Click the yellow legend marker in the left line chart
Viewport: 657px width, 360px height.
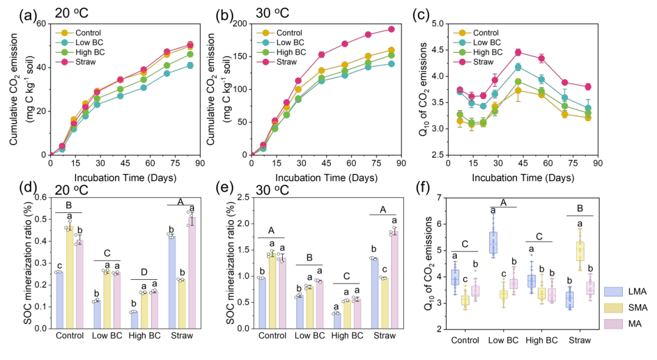(64, 33)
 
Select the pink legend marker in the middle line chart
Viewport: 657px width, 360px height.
(265, 61)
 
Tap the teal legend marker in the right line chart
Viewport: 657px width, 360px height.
(462, 43)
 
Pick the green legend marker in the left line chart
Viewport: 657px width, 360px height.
(64, 52)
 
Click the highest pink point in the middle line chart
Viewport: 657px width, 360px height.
(391, 29)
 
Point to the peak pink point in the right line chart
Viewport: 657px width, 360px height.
(518, 52)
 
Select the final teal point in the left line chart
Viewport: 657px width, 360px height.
(190, 65)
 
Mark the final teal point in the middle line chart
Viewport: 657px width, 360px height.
(391, 64)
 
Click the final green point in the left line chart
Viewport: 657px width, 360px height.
(190, 54)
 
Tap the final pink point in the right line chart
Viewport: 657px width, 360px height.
(588, 86)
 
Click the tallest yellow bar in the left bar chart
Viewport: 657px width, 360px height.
(70, 277)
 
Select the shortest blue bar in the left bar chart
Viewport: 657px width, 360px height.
(134, 320)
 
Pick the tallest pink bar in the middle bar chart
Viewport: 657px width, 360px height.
(394, 280)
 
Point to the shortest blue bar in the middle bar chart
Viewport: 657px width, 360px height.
(337, 321)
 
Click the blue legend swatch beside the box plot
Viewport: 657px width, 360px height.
(613, 291)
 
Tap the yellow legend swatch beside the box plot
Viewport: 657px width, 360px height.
(613, 308)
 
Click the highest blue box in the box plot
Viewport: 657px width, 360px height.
(493, 242)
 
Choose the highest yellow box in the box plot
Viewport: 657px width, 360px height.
(580, 251)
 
